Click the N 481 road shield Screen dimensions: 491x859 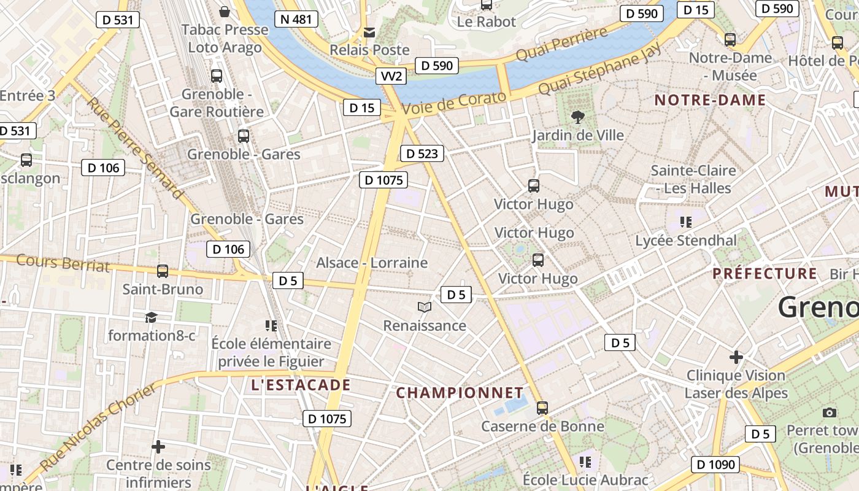pos(296,19)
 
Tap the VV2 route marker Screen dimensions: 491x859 pos(391,76)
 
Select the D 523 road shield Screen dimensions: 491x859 pos(422,153)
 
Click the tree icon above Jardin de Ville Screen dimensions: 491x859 pos(577,117)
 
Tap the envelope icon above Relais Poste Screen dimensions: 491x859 pos(369,32)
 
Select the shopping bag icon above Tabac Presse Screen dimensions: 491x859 pos(225,12)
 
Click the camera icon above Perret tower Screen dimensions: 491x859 pos(830,412)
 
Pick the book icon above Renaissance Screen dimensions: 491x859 pos(425,307)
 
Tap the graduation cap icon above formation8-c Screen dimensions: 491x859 pos(151,317)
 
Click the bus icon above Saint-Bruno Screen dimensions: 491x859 pos(163,271)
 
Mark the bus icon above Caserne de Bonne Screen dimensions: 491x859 pos(542,408)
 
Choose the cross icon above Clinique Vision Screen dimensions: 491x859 pos(736,357)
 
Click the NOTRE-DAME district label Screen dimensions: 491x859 pos(710,100)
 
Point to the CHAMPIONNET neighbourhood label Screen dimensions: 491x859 pos(460,393)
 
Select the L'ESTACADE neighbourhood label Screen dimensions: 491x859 pos(301,385)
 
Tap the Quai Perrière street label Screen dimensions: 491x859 pos(561,44)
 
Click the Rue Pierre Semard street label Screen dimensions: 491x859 pos(135,148)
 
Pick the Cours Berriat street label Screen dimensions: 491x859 pos(63,263)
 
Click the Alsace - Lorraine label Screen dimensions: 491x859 pos(372,263)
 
